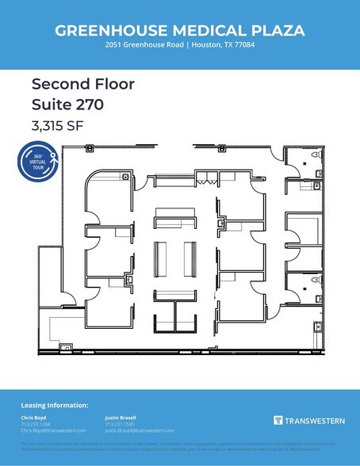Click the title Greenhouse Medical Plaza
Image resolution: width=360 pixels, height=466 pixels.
click(179, 30)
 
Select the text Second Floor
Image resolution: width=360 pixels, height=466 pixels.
click(71, 83)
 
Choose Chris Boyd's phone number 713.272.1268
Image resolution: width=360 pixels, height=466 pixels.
click(34, 424)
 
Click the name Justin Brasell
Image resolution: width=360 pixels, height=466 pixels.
click(121, 418)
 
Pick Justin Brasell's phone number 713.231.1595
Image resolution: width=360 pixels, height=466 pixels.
click(118, 424)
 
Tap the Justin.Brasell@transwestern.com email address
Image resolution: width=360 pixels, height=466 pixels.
click(139, 430)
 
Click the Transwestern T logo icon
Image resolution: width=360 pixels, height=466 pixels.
click(278, 420)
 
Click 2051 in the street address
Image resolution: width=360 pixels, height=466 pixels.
click(113, 45)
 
